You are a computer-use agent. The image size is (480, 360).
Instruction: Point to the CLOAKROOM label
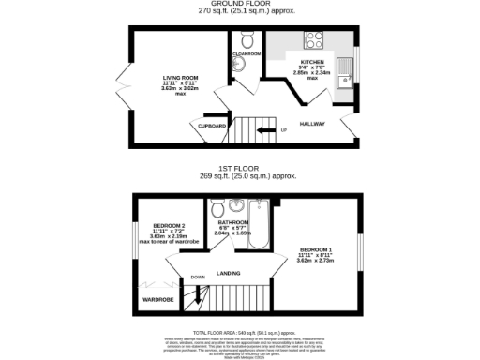[246, 54]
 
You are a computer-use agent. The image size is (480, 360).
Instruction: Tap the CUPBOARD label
[211, 125]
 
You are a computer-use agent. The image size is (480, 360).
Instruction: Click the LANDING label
[228, 273]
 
